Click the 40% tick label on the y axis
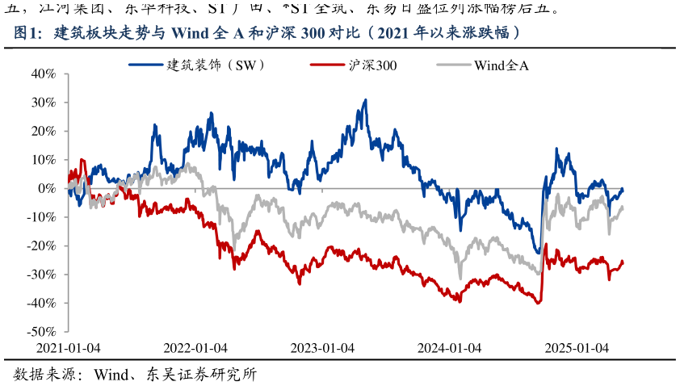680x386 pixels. [42, 73]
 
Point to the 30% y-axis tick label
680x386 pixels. [42, 103]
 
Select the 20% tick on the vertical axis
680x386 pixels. [42, 131]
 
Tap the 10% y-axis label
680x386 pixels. [42, 160]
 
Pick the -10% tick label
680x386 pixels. [40, 217]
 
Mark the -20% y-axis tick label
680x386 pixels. [40, 245]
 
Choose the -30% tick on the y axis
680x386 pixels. [40, 275]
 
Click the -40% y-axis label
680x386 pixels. [40, 303]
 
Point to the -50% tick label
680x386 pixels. [40, 332]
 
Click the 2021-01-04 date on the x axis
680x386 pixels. [69, 347]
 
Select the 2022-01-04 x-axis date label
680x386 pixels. [195, 347]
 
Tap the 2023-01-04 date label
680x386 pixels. [322, 347]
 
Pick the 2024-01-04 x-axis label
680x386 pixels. [449, 347]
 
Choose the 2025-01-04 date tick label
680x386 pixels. [577, 347]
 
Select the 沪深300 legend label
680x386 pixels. [372, 64]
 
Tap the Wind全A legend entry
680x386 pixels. [501, 64]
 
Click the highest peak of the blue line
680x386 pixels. [366, 100]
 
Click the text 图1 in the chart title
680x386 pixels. [27, 33]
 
